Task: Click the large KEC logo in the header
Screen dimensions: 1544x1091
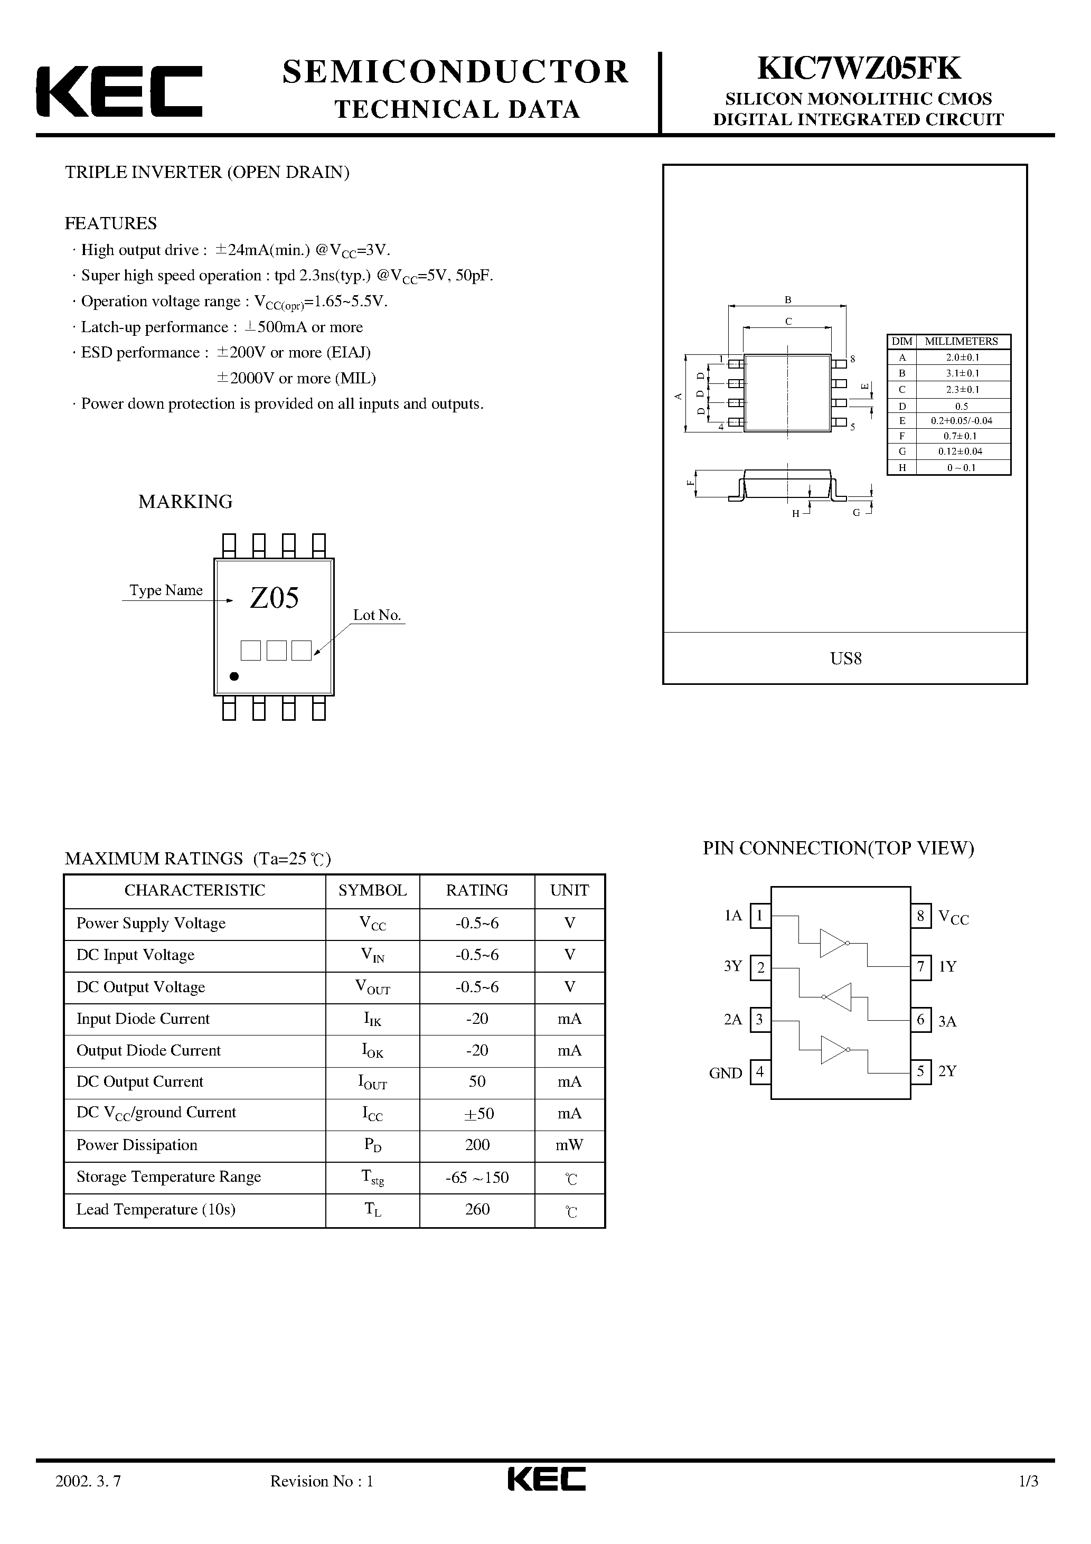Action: (119, 91)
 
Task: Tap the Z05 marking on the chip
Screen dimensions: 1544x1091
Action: (275, 598)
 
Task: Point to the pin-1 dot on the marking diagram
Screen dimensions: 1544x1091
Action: (234, 676)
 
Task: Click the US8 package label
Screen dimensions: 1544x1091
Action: (845, 658)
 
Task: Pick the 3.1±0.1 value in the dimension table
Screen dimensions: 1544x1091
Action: (962, 373)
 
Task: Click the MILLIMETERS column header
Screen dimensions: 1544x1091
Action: (961, 342)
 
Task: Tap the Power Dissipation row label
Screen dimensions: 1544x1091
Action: (137, 1145)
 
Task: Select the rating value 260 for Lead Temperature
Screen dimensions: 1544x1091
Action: (477, 1209)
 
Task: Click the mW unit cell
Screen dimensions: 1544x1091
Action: (569, 1145)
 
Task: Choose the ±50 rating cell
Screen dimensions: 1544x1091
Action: (477, 1114)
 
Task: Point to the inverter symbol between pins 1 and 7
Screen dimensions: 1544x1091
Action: (834, 943)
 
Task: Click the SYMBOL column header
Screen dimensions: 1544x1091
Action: (372, 890)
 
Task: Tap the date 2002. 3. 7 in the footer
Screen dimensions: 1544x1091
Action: (88, 1500)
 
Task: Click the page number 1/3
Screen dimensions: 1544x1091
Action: (1029, 1500)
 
